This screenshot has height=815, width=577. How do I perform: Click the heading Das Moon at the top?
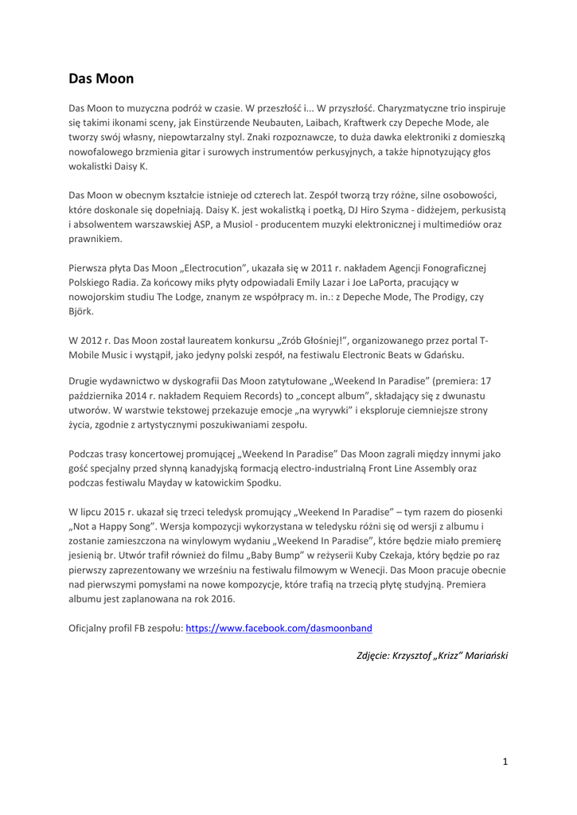point(101,78)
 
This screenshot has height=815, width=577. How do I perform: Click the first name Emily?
point(330,282)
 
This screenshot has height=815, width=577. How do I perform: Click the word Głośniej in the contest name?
point(321,341)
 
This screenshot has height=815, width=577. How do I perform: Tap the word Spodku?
point(263,482)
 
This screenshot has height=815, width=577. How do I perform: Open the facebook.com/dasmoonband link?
point(279,628)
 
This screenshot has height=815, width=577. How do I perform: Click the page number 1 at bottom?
point(505,762)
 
